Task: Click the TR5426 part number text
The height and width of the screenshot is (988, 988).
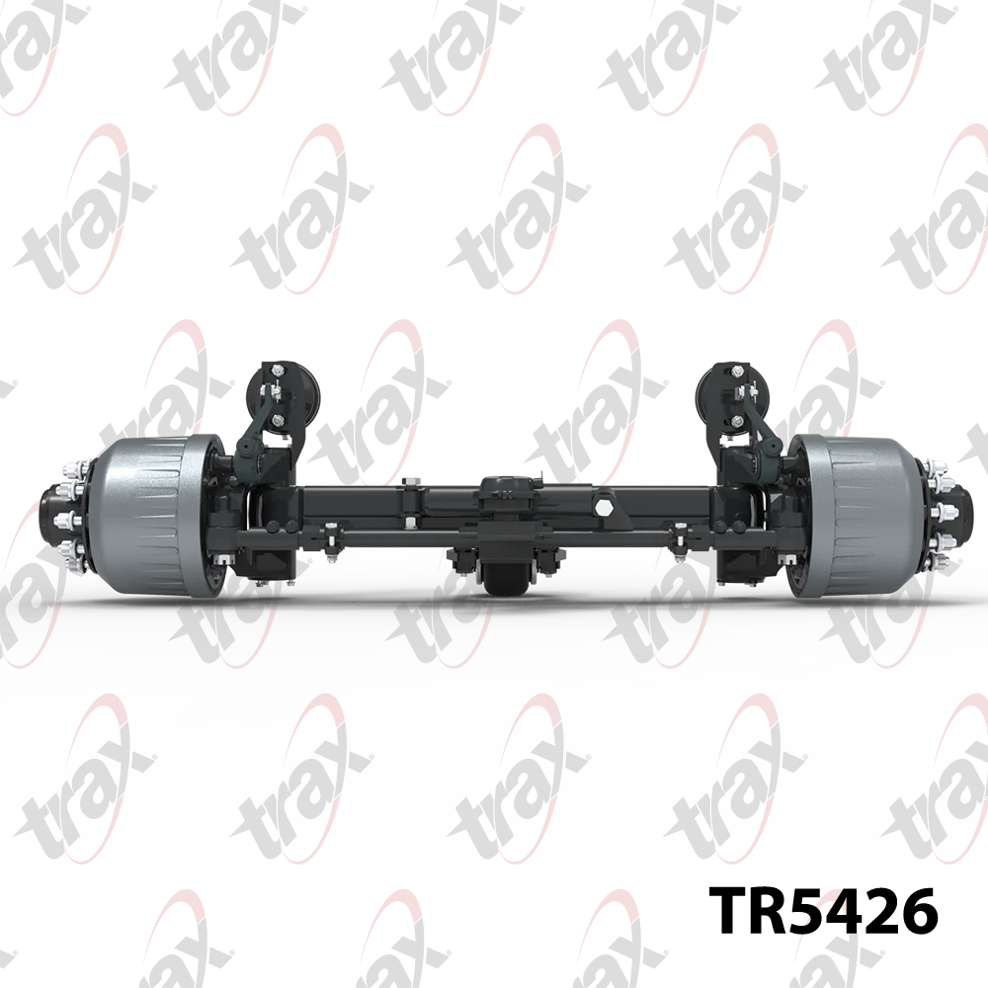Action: pyautogui.click(x=824, y=911)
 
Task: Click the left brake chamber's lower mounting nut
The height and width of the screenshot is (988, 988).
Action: pyautogui.click(x=278, y=420)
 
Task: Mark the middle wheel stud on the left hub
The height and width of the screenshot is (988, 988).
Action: pyautogui.click(x=69, y=521)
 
